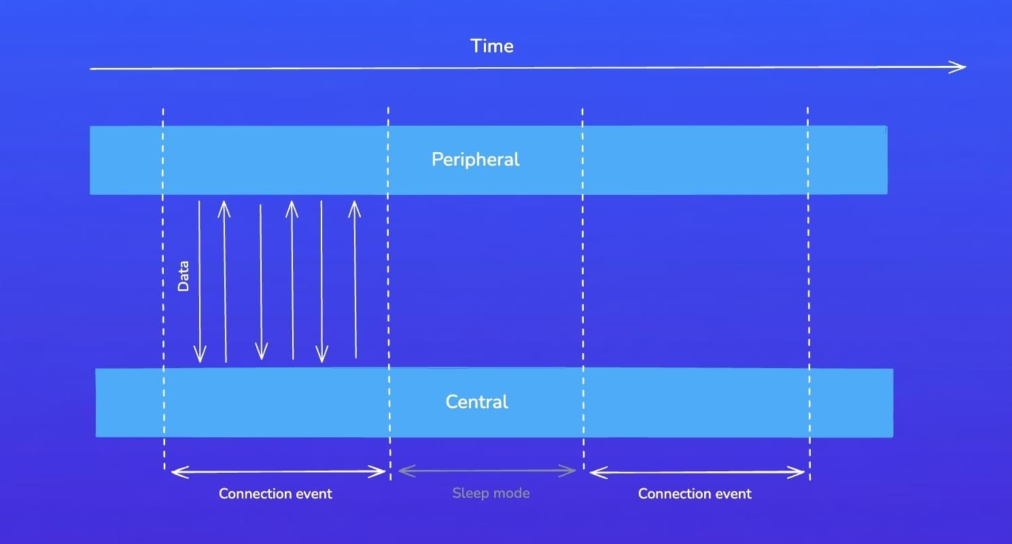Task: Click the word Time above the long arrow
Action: point(492,46)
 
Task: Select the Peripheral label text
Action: point(476,160)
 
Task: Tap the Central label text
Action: point(477,402)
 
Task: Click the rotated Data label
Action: point(184,276)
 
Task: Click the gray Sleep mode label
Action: point(491,493)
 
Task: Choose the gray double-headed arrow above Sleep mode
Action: point(487,470)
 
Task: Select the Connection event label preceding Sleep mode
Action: point(275,494)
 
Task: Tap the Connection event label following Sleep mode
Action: point(695,494)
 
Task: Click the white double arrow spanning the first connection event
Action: point(278,471)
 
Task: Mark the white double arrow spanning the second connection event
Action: point(697,472)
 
